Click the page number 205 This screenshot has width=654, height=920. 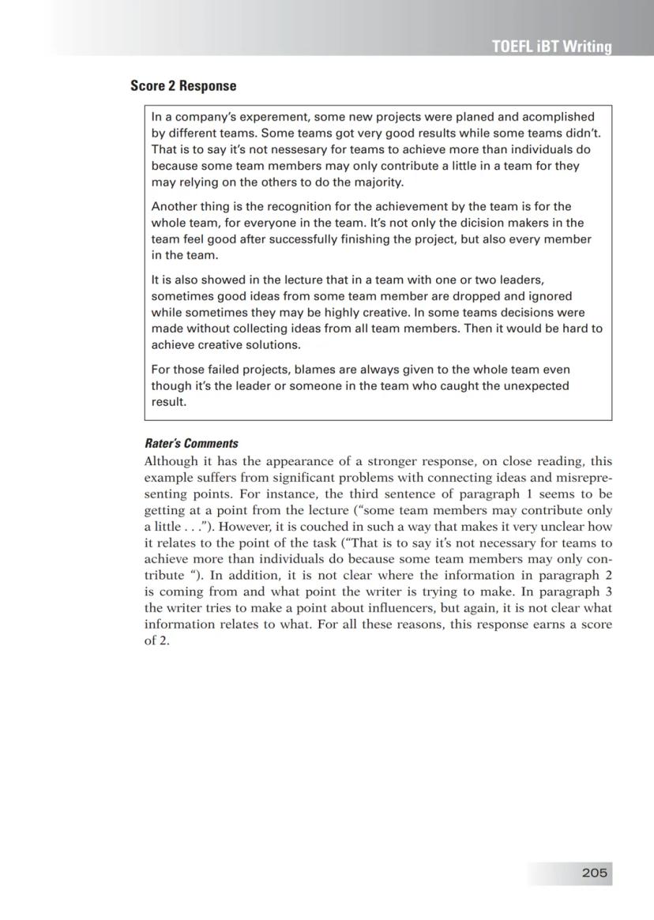[x=594, y=873]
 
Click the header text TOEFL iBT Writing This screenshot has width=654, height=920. [x=551, y=47]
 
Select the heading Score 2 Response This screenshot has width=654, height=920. [x=183, y=86]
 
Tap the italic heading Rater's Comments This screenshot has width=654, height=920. [x=191, y=443]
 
